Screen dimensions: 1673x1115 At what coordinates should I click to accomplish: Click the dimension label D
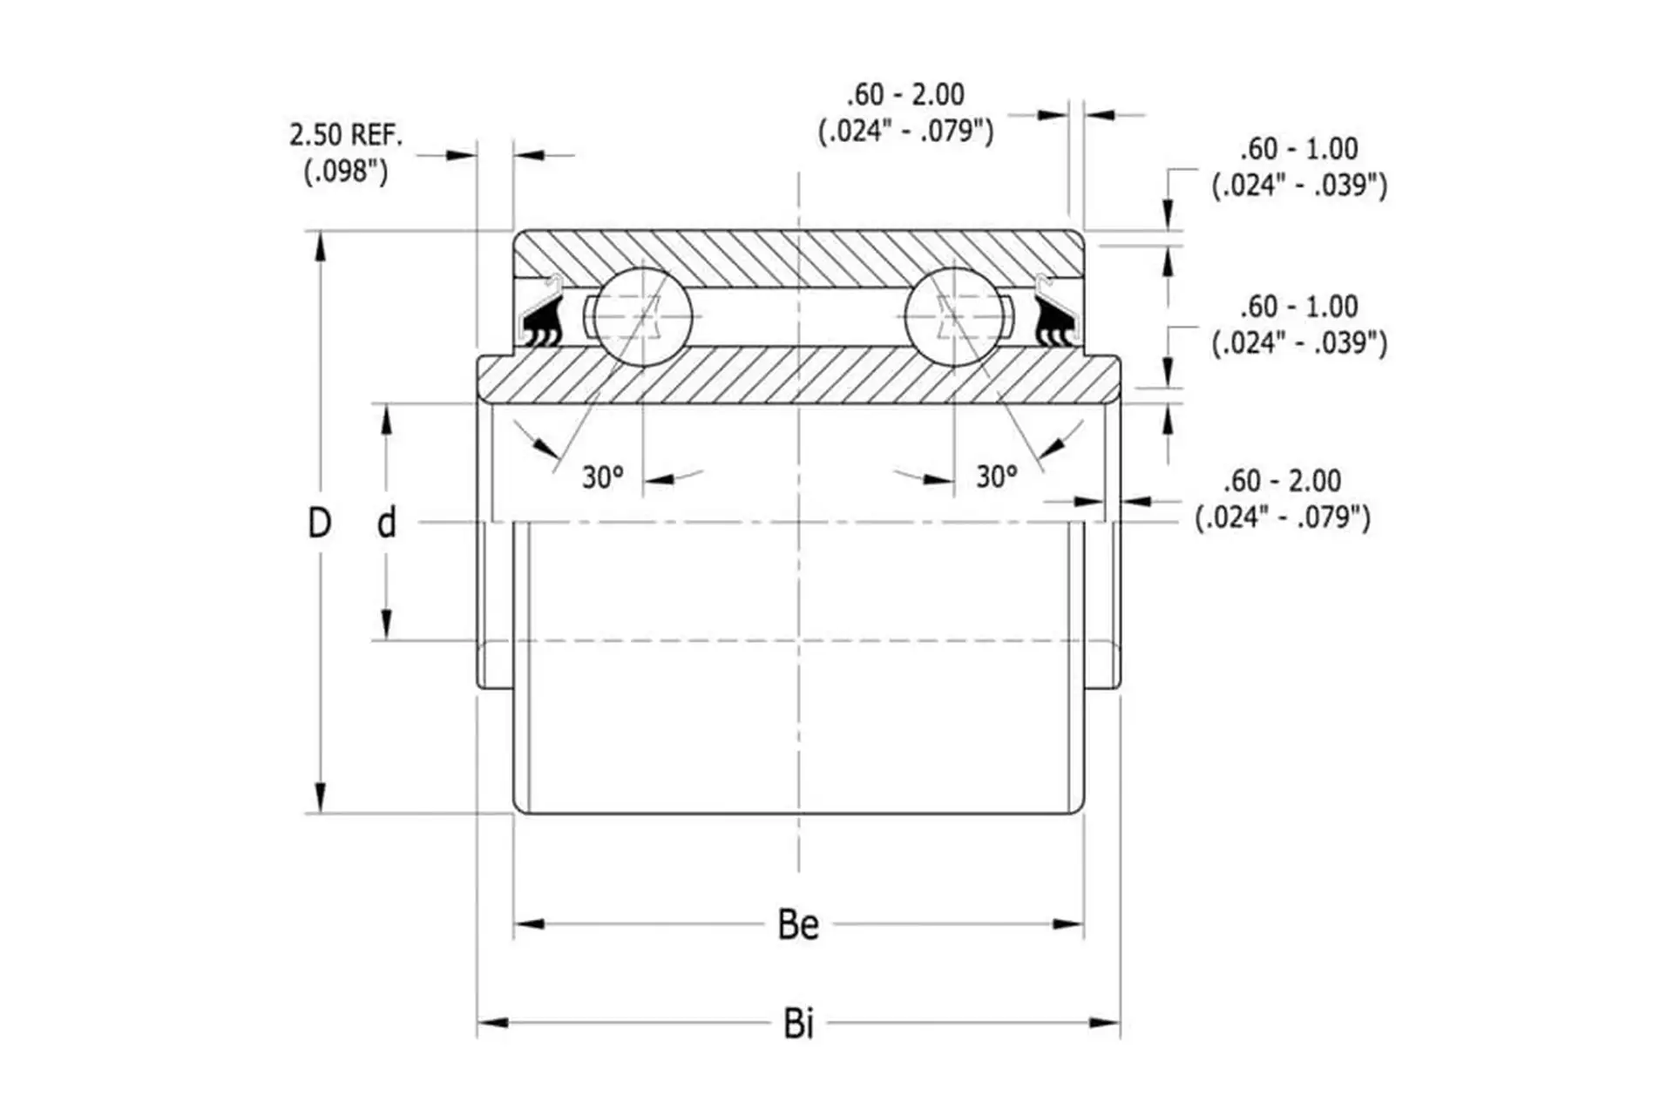(x=320, y=523)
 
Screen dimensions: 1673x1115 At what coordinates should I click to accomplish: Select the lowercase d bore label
(x=386, y=522)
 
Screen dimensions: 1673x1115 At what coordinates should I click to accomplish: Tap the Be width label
(x=798, y=925)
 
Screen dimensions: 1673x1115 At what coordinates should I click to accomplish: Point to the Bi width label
(x=798, y=1024)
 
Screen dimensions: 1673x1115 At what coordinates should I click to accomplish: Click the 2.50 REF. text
(x=346, y=135)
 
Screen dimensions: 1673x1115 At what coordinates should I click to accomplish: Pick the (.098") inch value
(x=346, y=172)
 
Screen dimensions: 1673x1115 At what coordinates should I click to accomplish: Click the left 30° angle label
(x=603, y=477)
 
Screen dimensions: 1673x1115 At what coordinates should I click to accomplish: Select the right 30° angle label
(x=997, y=476)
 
